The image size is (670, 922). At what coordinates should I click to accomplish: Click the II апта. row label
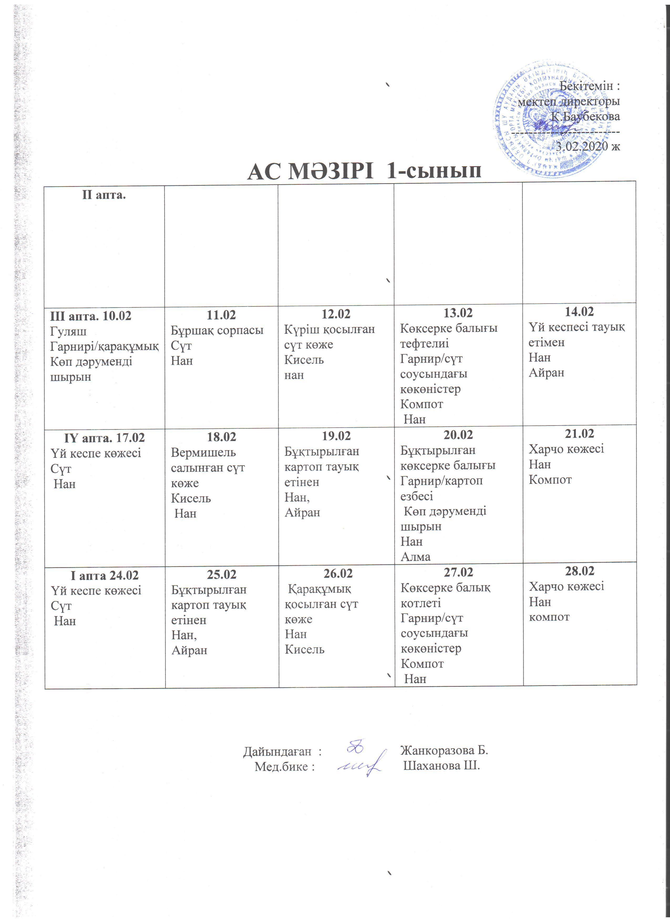click(x=104, y=195)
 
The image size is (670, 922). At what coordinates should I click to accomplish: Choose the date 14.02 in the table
click(x=579, y=312)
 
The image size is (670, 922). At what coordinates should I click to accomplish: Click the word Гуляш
click(x=68, y=331)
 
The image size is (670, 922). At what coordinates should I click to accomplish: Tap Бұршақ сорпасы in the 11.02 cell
click(x=217, y=330)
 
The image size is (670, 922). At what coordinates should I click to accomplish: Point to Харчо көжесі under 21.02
click(x=566, y=449)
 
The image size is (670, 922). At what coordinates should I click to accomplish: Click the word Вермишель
click(x=203, y=453)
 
